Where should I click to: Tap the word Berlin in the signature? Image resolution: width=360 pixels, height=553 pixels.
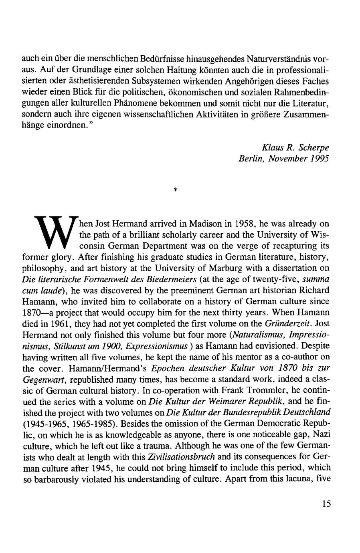tap(251, 159)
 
